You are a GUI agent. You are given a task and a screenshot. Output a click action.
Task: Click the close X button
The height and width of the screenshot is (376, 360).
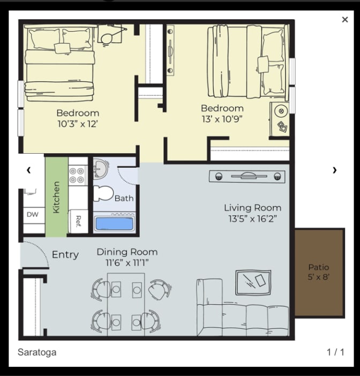pyautogui.click(x=344, y=19)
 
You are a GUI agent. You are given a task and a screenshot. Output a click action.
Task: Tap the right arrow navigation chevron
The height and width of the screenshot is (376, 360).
pyautogui.click(x=335, y=170)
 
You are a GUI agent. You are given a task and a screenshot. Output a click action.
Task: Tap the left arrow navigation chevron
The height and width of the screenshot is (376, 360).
pyautogui.click(x=29, y=170)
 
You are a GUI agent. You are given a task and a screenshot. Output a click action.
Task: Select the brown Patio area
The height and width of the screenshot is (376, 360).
pyautogui.click(x=319, y=273)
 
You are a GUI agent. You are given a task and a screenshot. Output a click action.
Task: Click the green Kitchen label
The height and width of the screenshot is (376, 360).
pyautogui.click(x=56, y=197)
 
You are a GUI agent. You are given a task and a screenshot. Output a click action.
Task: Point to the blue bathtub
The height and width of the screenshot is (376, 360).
pyautogui.click(x=114, y=223)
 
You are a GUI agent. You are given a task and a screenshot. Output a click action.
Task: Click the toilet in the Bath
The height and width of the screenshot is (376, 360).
pyautogui.click(x=103, y=193)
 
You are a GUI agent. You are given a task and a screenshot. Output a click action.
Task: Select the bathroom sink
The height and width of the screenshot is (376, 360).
pyautogui.click(x=101, y=169)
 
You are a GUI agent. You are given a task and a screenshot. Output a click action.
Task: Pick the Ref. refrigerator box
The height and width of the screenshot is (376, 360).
pyautogui.click(x=78, y=221)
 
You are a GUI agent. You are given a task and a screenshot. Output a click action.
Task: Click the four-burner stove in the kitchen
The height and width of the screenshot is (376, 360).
pyautogui.click(x=78, y=175)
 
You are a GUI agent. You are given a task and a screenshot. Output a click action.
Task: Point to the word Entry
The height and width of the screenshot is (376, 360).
pyautogui.click(x=65, y=254)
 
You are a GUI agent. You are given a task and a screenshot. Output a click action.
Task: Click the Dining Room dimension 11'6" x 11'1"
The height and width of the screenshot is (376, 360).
pyautogui.click(x=127, y=263)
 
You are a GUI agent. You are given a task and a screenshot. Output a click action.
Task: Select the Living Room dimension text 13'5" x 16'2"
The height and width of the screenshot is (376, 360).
pyautogui.click(x=252, y=219)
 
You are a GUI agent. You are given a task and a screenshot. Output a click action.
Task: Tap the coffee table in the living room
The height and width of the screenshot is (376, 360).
pyautogui.click(x=253, y=283)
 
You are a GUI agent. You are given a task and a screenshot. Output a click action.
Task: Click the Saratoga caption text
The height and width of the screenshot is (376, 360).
pyautogui.click(x=37, y=352)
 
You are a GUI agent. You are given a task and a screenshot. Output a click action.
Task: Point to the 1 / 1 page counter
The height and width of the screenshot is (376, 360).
pyautogui.click(x=335, y=352)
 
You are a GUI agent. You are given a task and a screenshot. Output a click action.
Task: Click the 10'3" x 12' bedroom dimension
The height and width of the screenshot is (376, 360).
pyautogui.click(x=78, y=124)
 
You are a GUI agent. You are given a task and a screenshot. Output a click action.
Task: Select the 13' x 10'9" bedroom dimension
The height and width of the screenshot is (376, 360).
pyautogui.click(x=222, y=119)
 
